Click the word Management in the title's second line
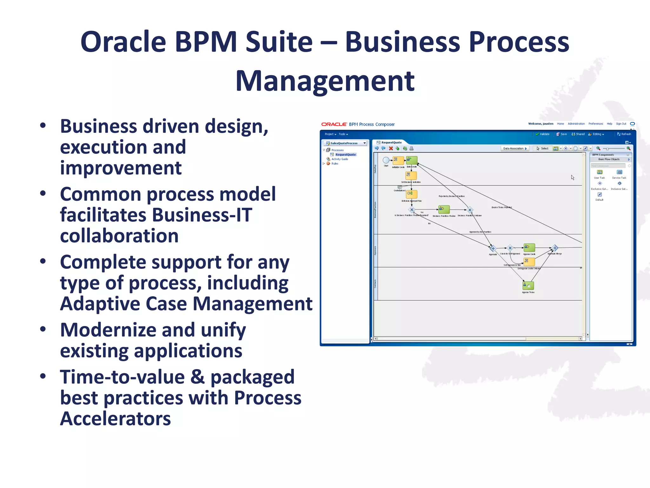point(325,81)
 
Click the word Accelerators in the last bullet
point(116,419)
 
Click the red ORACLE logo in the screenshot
point(334,124)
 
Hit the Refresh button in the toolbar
point(624,134)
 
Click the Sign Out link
point(621,124)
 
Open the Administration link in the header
point(576,124)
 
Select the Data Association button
point(515,148)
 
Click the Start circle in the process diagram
point(386,160)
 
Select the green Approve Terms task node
point(528,285)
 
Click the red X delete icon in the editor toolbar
point(391,148)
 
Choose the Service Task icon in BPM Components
point(619,172)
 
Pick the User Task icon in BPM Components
point(600,172)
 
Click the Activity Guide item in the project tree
point(340,159)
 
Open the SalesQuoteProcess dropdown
point(364,143)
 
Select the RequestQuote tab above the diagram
point(391,142)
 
